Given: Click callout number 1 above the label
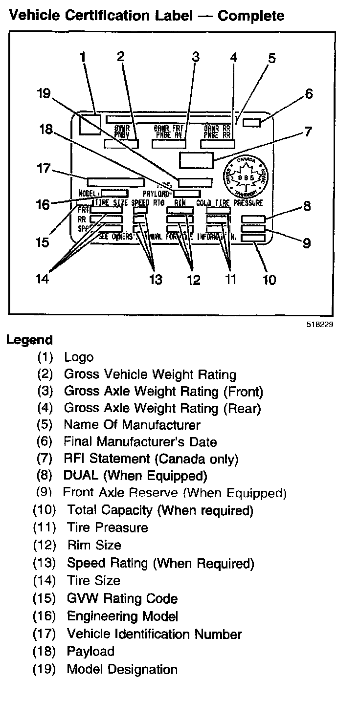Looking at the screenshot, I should (83, 58).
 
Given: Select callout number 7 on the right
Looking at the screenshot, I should (308, 131).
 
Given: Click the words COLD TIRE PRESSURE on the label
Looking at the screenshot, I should (229, 202).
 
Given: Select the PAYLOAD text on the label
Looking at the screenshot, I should (156, 194).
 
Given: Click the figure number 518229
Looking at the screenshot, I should (320, 324).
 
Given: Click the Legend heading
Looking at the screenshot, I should (29, 340).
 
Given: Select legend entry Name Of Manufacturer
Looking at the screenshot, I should (132, 425).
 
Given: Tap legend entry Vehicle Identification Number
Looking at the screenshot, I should (154, 634).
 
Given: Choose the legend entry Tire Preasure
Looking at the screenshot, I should (107, 527).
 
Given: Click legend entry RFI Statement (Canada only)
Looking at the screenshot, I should (151, 459).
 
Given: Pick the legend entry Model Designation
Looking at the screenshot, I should (122, 669).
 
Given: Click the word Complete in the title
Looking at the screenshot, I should (251, 16).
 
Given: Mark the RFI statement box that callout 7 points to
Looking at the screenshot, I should (197, 159).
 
